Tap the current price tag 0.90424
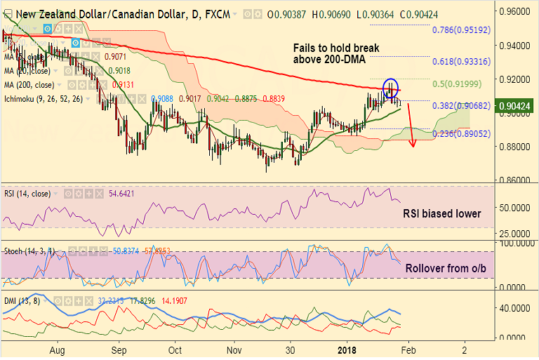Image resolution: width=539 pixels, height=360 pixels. (x=516, y=107)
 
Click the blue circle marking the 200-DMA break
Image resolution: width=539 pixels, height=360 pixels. (x=390, y=88)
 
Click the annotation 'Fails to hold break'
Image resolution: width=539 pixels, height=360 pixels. (x=335, y=48)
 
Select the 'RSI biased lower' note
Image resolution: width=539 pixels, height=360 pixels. (x=442, y=213)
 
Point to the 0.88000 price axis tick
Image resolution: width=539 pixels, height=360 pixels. (x=514, y=147)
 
